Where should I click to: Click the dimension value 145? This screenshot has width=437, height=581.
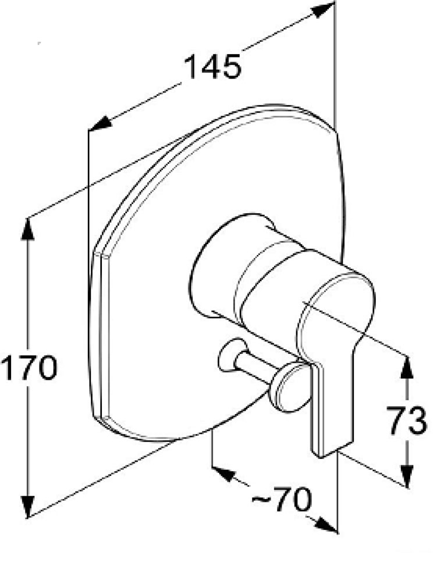212,67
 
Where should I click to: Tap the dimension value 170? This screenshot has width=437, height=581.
29,368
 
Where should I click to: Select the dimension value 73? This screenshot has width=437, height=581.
407,421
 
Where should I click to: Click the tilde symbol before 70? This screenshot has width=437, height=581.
261,500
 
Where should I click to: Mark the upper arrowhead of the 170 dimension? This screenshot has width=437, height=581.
27,229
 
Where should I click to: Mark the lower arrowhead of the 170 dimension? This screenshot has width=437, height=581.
28,506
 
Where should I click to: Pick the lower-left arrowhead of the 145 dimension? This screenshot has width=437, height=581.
101,123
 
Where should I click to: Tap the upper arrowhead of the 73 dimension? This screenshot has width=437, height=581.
407,367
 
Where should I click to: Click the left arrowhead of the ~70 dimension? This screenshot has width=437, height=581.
224,474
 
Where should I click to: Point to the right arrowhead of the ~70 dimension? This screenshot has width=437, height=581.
326,523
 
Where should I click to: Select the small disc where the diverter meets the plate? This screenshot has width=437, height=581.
232,354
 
